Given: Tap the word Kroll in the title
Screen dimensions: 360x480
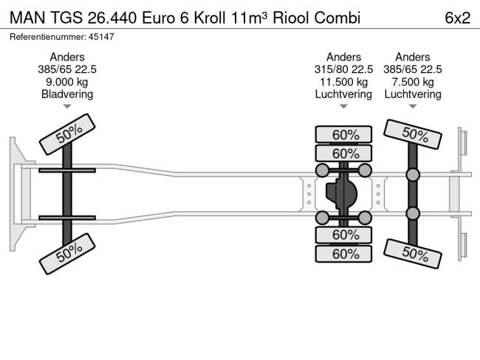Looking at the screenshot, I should (210, 18).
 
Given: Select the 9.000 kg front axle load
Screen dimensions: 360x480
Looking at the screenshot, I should (67, 82).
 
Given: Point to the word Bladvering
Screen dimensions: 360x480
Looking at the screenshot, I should (67, 94).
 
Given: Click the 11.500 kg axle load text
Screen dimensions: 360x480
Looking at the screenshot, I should (343, 82).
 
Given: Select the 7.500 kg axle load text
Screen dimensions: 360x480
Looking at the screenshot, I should (413, 82).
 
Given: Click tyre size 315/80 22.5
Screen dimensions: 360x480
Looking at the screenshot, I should (343, 69).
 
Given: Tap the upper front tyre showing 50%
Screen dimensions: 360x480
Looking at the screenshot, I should (67, 134).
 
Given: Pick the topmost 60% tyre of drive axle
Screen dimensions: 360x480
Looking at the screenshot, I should (343, 134).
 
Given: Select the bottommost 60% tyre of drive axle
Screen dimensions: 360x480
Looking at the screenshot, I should (343, 253).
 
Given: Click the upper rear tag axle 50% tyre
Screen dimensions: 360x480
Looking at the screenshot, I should (415, 134).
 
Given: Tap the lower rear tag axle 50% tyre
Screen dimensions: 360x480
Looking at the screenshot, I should (415, 253).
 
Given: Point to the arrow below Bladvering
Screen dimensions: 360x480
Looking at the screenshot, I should (67, 107).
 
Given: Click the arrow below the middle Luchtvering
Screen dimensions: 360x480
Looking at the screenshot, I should (343, 107).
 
